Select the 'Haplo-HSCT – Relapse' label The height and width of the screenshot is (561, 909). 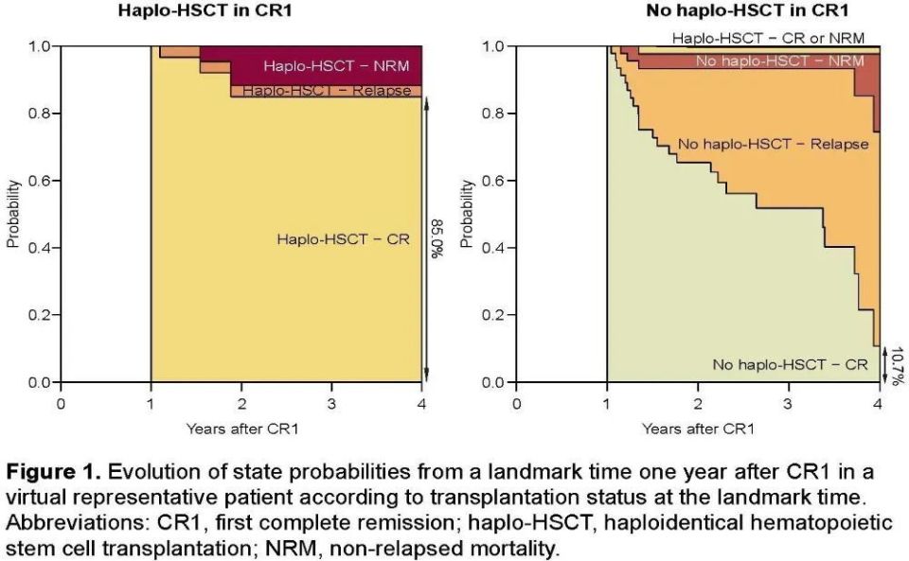tap(327, 91)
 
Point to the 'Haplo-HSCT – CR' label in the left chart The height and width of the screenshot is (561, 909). tap(343, 239)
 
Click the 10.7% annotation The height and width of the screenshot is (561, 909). tap(895, 364)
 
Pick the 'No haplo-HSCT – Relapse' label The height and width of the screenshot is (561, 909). tap(773, 145)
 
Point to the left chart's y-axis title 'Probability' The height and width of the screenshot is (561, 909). tap(12, 215)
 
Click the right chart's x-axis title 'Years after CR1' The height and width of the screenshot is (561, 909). tap(698, 429)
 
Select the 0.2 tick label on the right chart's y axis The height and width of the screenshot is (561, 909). tap(494, 315)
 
